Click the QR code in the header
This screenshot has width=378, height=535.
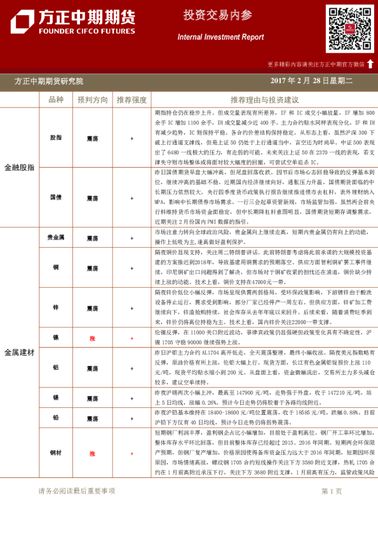tap(349, 29)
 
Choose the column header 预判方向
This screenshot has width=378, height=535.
tap(93, 100)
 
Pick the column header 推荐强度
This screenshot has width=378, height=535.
tap(132, 100)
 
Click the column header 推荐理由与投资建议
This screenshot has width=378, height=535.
tap(264, 100)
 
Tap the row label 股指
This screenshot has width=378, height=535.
tap(56, 137)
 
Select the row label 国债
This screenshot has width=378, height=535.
tap(56, 197)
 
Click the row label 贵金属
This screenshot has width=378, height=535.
tap(56, 237)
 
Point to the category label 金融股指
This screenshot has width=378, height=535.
tap(20, 167)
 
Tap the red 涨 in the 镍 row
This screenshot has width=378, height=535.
tap(92, 339)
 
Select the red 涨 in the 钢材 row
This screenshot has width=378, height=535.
tap(92, 454)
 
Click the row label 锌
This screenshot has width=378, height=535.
tap(56, 307)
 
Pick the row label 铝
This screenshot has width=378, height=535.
tap(56, 368)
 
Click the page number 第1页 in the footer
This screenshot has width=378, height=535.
tap(332, 491)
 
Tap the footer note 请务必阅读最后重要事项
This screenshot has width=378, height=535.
tap(77, 491)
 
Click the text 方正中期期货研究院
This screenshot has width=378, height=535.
tap(49, 81)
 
